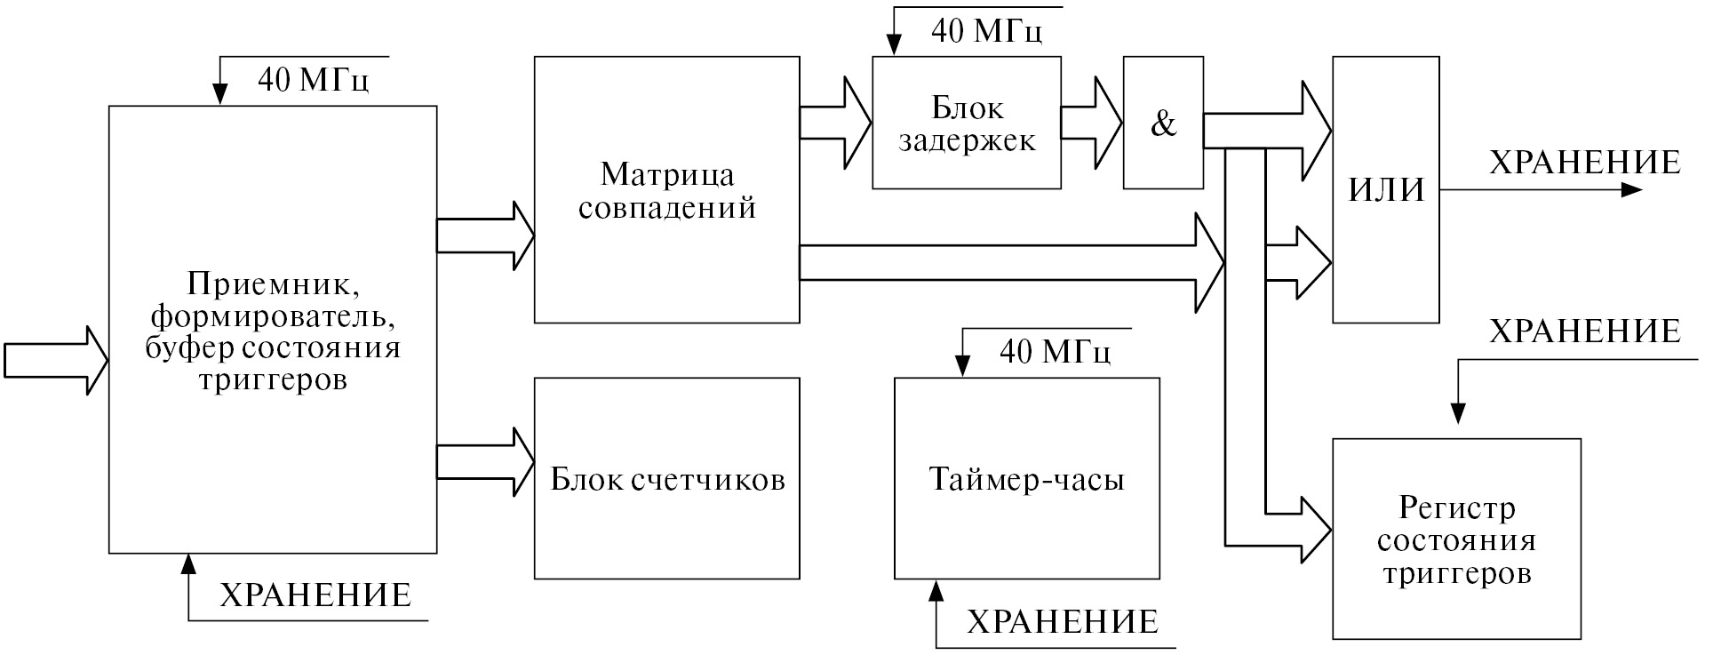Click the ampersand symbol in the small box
(x=1163, y=124)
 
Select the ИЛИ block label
(x=1386, y=190)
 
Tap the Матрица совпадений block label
(x=667, y=190)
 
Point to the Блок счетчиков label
(x=667, y=480)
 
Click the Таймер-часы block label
(x=1026, y=480)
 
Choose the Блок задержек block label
(x=967, y=124)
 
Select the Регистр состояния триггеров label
(x=1456, y=540)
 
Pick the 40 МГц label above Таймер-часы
(x=1055, y=352)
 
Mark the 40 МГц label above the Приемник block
(x=313, y=80)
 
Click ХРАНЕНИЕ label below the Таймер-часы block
(x=1062, y=621)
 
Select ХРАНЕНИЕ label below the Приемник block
(x=315, y=595)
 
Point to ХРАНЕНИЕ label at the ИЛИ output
(x=1584, y=163)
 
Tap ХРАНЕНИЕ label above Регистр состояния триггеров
(x=1584, y=331)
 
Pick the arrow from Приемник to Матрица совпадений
(x=485, y=236)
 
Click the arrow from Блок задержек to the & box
(x=1092, y=124)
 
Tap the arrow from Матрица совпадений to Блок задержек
(x=835, y=124)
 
